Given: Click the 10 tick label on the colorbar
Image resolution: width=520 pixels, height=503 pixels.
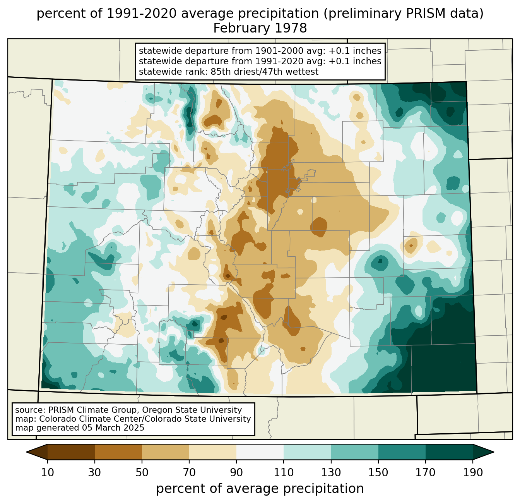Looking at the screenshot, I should click(x=48, y=472).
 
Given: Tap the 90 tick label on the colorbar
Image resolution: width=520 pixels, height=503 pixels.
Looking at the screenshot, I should click(x=236, y=472).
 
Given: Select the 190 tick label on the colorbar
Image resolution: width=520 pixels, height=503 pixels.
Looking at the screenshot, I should click(x=473, y=472).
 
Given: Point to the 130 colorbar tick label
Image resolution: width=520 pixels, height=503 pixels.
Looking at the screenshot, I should click(x=331, y=472).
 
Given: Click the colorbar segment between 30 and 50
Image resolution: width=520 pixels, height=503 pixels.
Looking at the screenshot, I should click(x=118, y=452).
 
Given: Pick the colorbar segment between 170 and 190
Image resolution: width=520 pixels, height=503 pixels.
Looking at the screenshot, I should click(x=449, y=452).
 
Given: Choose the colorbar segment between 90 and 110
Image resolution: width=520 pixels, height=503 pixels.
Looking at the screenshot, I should click(x=260, y=452).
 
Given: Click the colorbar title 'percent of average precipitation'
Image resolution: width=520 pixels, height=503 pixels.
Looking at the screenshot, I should click(x=260, y=489).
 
